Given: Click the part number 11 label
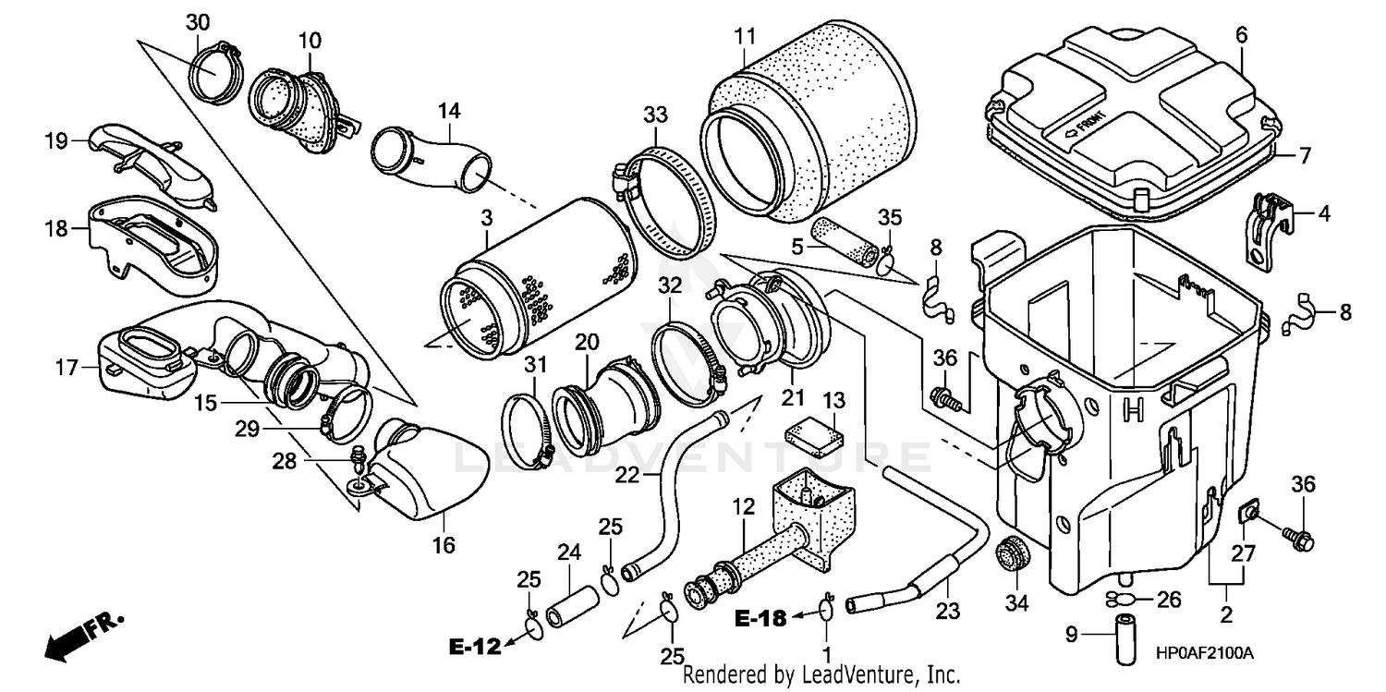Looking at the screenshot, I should tap(745, 36).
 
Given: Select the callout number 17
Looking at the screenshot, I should tap(67, 368).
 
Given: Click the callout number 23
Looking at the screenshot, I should tap(948, 612).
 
